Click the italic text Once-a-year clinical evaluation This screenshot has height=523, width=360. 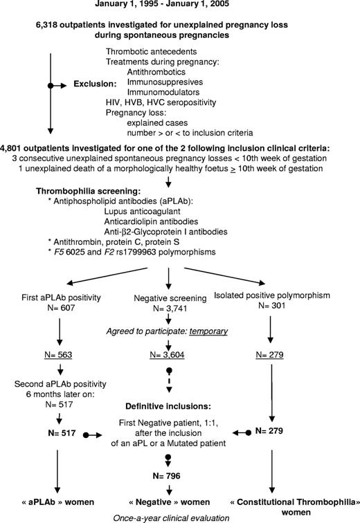click(x=179, y=515)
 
